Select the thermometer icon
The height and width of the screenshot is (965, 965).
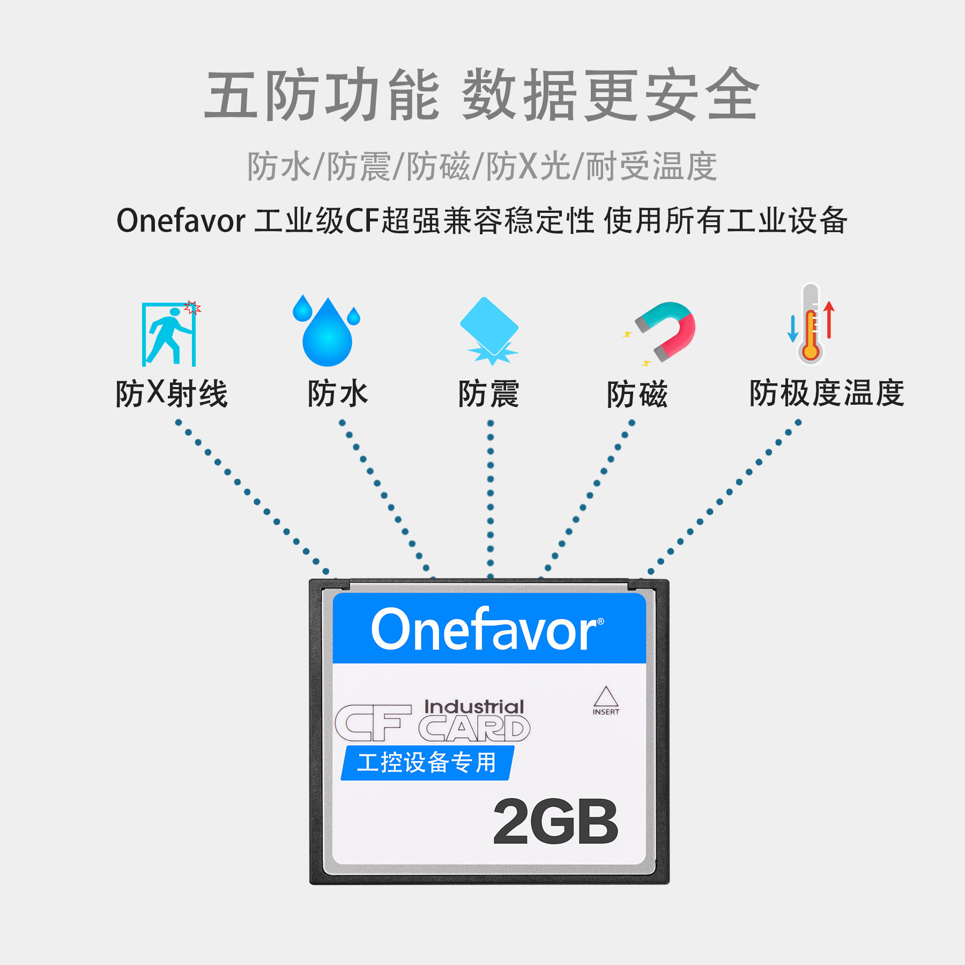pos(810,325)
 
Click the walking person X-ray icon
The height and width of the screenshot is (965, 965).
pos(169,335)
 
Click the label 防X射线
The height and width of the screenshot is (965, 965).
pos(172,394)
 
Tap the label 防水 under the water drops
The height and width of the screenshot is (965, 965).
pos(338,394)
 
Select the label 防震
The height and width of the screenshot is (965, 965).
pos(488,394)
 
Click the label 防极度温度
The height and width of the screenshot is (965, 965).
pos(827,393)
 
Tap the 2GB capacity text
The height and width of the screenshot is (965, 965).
pos(555,822)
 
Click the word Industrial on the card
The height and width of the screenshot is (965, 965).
pos(474,707)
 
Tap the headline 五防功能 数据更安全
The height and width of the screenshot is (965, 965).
pos(482,95)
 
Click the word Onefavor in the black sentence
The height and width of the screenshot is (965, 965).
pos(181,221)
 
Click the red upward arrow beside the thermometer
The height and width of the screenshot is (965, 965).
pos(829,320)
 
